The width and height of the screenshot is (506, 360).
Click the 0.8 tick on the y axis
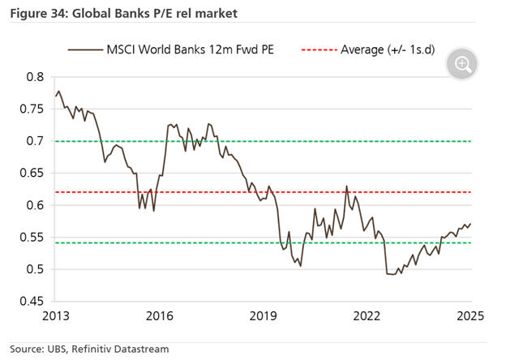pyautogui.click(x=34, y=77)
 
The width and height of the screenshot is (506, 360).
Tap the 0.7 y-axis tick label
pyautogui.click(x=34, y=141)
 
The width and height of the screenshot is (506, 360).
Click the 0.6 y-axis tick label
pyautogui.click(x=34, y=205)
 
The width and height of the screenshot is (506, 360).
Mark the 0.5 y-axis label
pyautogui.click(x=34, y=269)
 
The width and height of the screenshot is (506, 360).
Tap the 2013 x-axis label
pyautogui.click(x=56, y=316)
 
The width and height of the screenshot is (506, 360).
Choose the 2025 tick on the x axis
pyautogui.click(x=471, y=316)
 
